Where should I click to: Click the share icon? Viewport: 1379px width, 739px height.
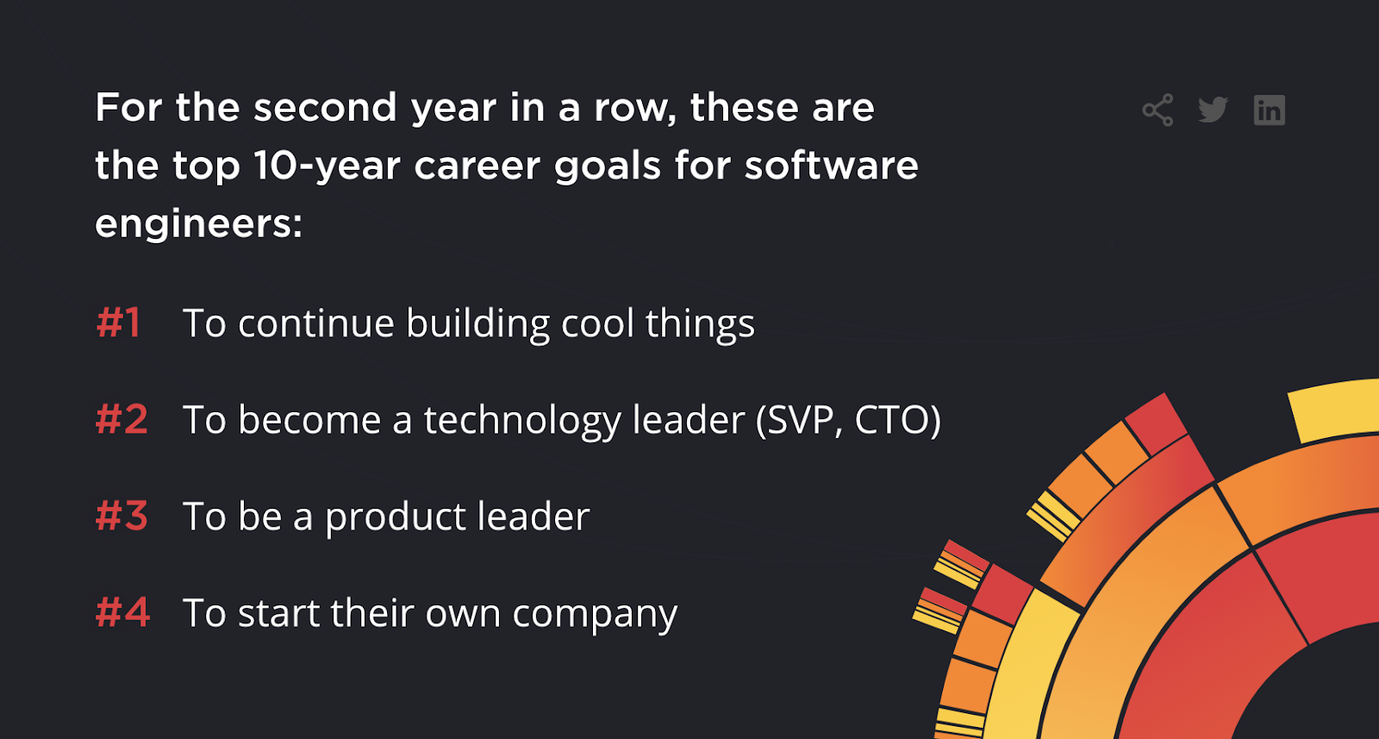click(1157, 110)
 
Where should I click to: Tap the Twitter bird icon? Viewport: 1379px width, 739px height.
click(1213, 110)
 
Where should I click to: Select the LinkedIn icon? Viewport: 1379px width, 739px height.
click(1269, 110)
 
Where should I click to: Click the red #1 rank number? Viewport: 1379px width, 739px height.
click(118, 323)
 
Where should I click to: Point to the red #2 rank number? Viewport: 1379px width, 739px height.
click(122, 420)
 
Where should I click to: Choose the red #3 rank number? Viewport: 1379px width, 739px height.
click(122, 517)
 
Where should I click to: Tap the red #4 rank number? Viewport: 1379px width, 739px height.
click(122, 613)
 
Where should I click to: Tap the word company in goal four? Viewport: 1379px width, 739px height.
click(595, 615)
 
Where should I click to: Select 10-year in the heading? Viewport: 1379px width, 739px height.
click(328, 166)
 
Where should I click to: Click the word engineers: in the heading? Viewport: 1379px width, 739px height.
click(198, 224)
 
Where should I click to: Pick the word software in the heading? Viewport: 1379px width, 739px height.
click(831, 166)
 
